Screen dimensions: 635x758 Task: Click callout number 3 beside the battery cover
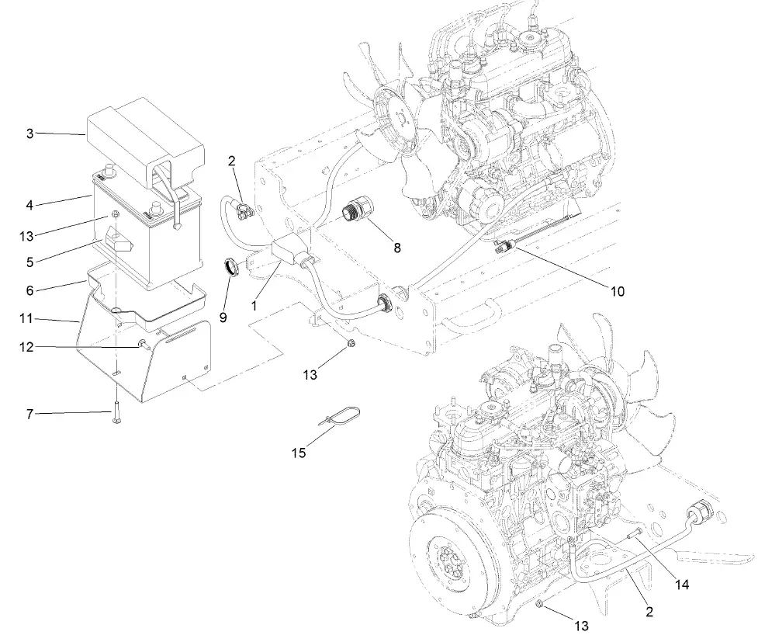29,134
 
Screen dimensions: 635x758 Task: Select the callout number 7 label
29,415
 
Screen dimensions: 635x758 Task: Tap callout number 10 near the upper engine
617,292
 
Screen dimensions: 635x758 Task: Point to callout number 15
299,452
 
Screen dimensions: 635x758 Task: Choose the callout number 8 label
397,249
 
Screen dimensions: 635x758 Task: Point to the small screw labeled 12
143,342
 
